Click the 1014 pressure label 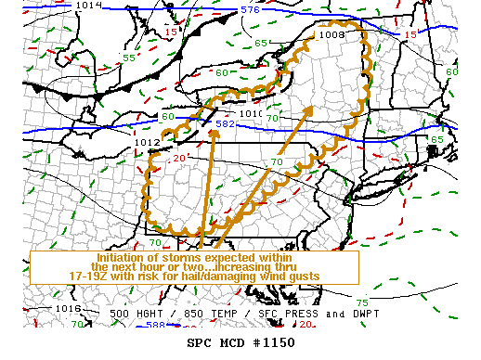click(89, 6)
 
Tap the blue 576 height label click(251, 10)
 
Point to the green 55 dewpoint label click(130, 58)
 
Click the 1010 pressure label click(251, 114)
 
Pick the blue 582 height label click(225, 123)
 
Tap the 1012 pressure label click(147, 142)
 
